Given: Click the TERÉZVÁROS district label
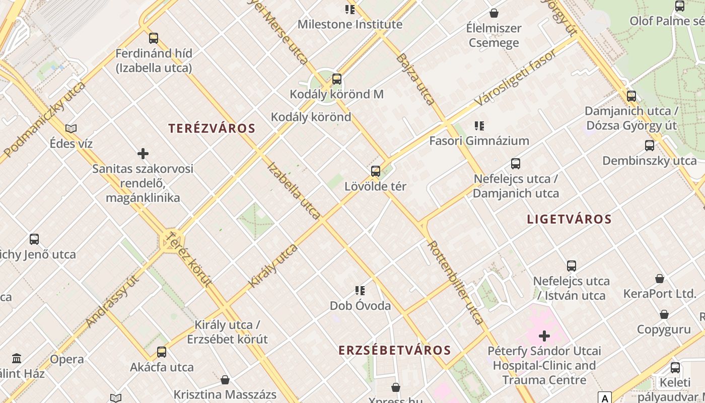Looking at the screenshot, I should (x=212, y=128).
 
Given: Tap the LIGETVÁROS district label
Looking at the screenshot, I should (x=569, y=219).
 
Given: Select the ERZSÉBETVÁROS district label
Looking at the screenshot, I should (x=394, y=350).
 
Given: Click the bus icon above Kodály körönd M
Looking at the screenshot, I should (x=337, y=79).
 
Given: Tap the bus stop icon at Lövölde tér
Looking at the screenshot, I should (x=376, y=171).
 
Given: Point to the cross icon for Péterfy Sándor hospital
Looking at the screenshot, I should (x=544, y=335).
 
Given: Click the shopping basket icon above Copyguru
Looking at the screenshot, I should (x=664, y=315).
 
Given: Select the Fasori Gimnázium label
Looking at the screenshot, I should (x=479, y=141).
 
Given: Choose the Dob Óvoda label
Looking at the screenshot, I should (x=360, y=306).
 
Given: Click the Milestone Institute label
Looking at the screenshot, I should (x=350, y=24).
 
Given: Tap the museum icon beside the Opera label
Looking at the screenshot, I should (x=17, y=359).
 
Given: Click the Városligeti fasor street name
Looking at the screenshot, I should (x=516, y=77).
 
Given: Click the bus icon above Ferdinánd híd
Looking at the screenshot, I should (x=154, y=38).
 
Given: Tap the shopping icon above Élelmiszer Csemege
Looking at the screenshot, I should (x=494, y=13).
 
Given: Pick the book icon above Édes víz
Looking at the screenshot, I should (x=71, y=129).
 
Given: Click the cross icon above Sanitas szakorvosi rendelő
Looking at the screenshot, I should (x=143, y=154).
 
